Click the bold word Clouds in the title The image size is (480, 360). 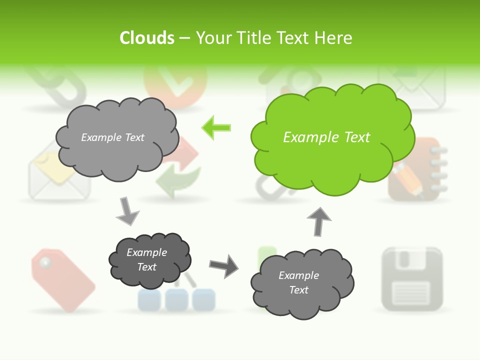(147, 38)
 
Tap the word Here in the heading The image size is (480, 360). (334, 38)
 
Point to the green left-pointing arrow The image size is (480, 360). (216, 127)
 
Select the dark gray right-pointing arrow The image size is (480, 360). (223, 265)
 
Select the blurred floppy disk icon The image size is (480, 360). (412, 278)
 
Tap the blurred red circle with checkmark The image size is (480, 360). (175, 85)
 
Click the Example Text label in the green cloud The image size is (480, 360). (326, 137)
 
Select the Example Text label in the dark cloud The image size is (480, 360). (146, 259)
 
